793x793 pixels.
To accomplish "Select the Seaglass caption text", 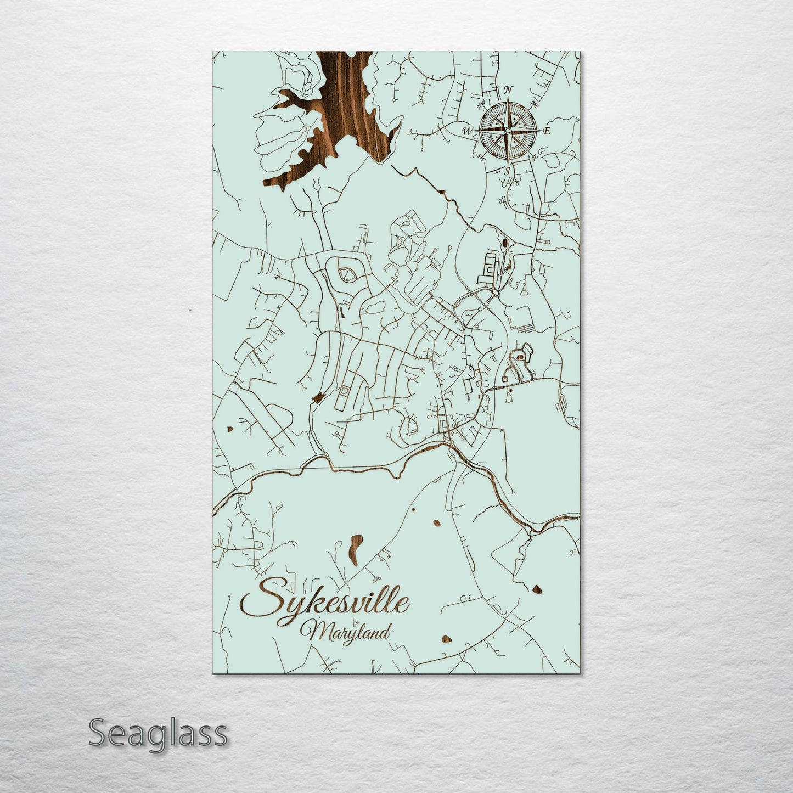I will tap(158, 734).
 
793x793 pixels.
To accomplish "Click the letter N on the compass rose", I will tap(509, 90).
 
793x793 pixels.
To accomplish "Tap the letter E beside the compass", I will tap(547, 131).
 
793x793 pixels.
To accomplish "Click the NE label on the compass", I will tap(535, 104).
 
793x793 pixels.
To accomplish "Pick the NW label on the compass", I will tap(481, 103).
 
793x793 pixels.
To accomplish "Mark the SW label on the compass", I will tap(481, 158).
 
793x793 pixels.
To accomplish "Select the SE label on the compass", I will tap(534, 158).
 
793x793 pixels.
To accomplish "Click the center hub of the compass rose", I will tap(507, 131).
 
